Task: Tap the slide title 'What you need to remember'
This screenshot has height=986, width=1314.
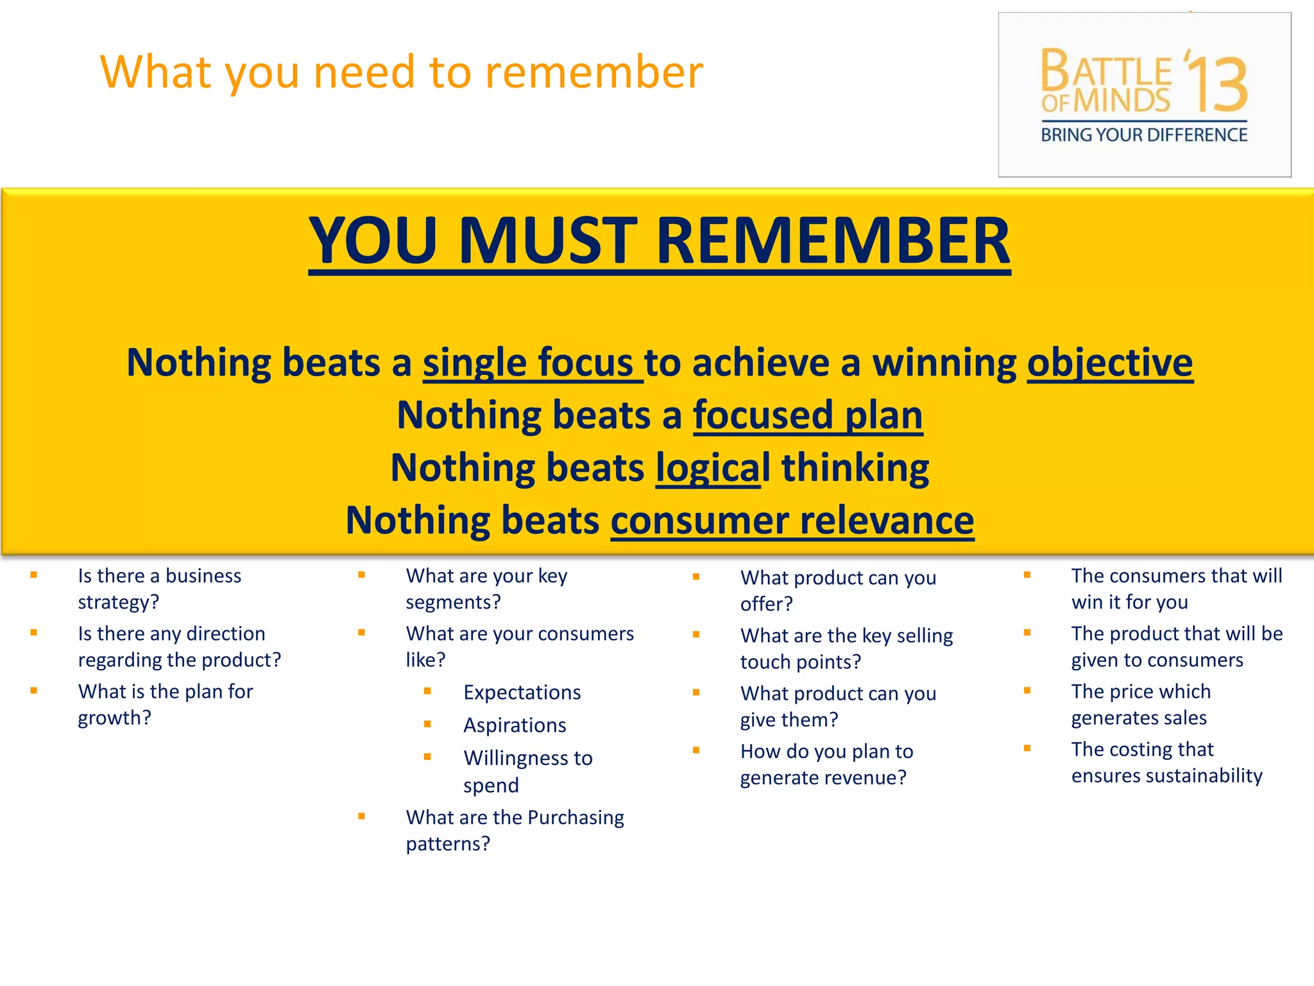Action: (x=402, y=72)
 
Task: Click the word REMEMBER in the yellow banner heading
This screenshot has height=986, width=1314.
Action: (x=833, y=241)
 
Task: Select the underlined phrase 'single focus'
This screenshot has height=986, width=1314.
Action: (x=531, y=363)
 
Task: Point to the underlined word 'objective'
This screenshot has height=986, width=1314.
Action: (x=1110, y=363)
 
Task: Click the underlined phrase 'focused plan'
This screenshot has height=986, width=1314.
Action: (x=808, y=415)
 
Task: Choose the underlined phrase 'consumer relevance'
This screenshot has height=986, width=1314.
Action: (x=792, y=521)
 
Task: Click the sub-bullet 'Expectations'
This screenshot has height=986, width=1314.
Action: (x=522, y=693)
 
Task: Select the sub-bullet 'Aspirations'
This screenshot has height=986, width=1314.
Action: (x=515, y=725)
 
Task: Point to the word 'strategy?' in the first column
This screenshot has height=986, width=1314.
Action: (x=118, y=603)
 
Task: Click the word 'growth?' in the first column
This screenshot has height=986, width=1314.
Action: (x=114, y=718)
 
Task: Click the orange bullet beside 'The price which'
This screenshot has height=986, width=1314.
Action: (x=1027, y=691)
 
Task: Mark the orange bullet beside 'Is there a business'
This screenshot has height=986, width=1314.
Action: (x=33, y=575)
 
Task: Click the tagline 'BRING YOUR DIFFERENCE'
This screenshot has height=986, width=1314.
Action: (x=1144, y=135)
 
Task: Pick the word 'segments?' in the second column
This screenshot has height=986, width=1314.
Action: (x=453, y=603)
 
